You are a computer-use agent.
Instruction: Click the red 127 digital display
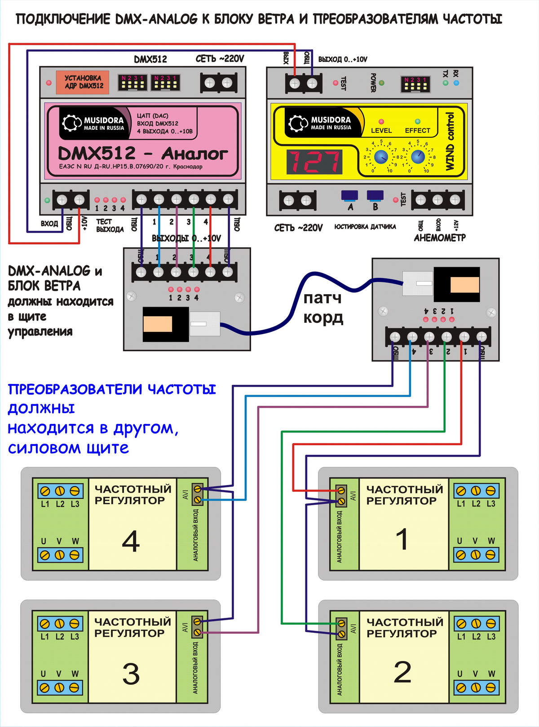(x=314, y=162)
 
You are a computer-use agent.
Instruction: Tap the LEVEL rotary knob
(x=381, y=157)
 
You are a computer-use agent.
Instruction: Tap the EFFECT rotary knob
(x=418, y=157)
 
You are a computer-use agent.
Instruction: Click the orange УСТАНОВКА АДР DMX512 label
(x=83, y=82)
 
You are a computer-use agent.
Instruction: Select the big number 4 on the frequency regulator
(x=131, y=541)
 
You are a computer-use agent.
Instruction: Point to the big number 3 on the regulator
(x=131, y=674)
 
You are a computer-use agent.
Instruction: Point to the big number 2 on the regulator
(x=402, y=672)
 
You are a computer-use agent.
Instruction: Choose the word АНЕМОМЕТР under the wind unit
(x=440, y=238)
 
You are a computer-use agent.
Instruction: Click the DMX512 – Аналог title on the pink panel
(x=143, y=154)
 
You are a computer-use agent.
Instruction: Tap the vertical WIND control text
(x=450, y=141)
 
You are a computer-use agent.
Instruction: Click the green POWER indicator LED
(x=382, y=83)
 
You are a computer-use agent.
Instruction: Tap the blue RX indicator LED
(x=456, y=83)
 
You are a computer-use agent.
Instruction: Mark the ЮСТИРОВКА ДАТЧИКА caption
(x=365, y=227)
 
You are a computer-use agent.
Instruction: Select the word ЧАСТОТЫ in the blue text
(x=182, y=389)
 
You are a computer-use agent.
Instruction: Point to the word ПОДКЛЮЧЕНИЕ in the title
(x=63, y=19)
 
